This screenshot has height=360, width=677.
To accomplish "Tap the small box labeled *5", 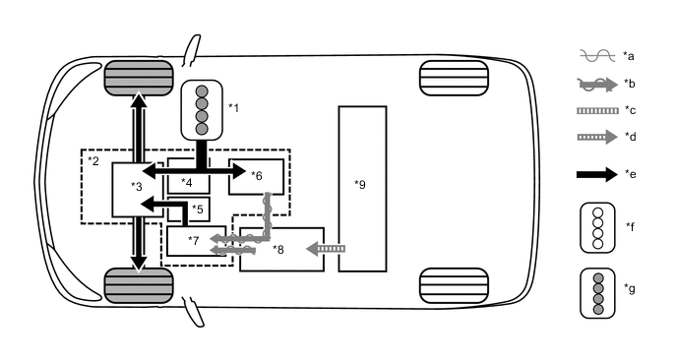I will click(195, 209).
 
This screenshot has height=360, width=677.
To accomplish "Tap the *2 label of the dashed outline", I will click(92, 159).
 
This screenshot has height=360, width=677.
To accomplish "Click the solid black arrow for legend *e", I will click(596, 174).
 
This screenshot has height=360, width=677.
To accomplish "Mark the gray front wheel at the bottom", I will click(139, 286).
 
